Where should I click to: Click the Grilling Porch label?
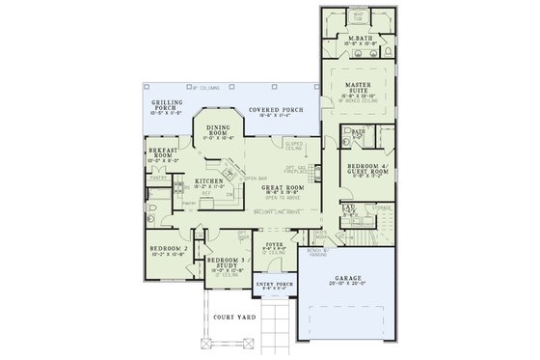point(167,105)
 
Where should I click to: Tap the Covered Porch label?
point(275,110)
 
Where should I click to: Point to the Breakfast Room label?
point(162,153)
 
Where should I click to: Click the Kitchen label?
point(210,180)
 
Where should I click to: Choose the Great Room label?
point(283,187)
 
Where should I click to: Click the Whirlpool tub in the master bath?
point(358,15)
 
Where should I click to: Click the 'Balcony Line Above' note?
point(276,211)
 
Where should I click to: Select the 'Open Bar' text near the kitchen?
point(256,178)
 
